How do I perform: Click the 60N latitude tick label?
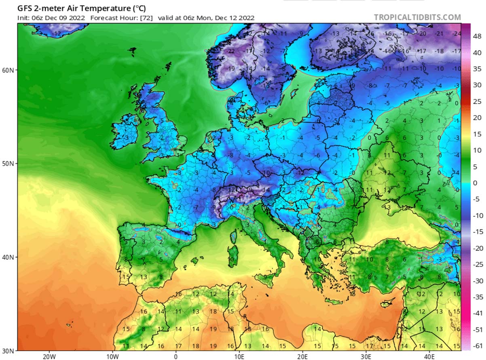tap(8, 70)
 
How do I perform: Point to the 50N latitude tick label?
tap(8, 164)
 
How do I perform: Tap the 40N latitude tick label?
tap(8, 257)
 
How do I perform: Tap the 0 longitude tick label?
tap(175, 356)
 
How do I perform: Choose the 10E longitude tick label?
tap(239, 356)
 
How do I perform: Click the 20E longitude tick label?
tap(302, 356)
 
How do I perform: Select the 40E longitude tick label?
tap(429, 356)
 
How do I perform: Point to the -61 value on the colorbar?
tap(477, 345)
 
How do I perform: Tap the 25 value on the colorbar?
tap(477, 101)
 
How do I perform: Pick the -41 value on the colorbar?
tap(477, 313)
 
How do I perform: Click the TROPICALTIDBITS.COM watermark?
tap(417, 17)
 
